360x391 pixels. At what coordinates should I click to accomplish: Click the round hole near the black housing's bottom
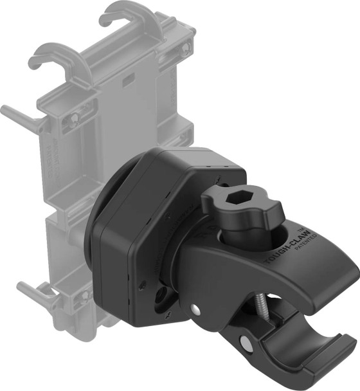point(160,295)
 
